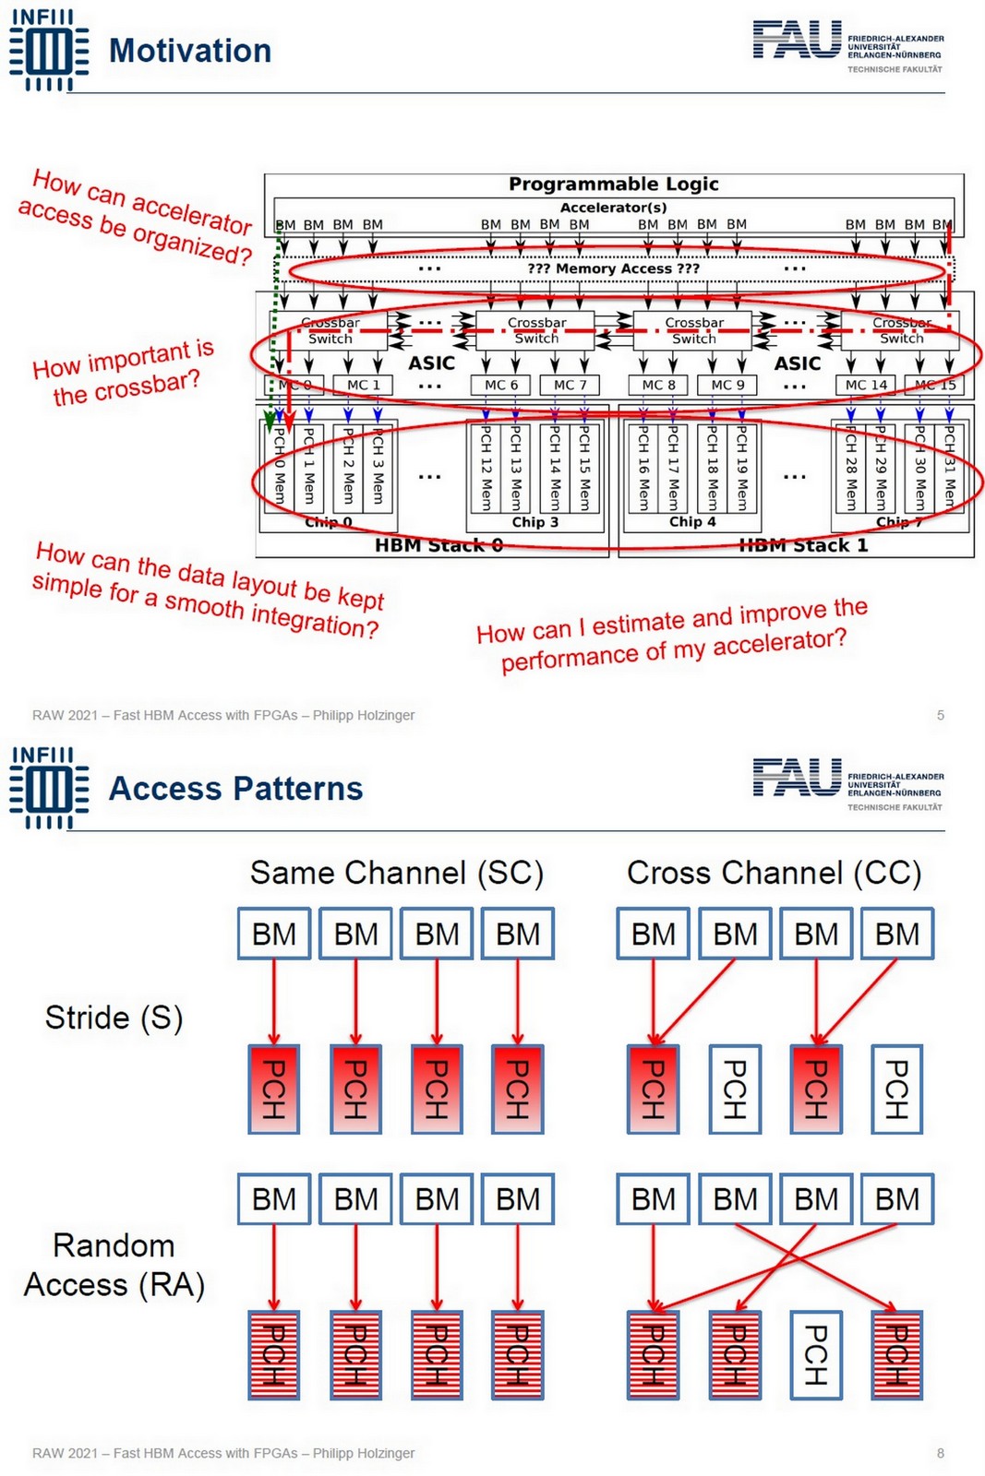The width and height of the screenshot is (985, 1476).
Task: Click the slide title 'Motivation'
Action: [189, 51]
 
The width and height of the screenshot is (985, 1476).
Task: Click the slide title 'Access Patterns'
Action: [235, 789]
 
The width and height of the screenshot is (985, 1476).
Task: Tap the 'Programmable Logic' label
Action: [613, 184]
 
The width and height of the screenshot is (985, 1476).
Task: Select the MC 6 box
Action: [501, 385]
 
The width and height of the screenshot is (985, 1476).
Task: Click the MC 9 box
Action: [727, 385]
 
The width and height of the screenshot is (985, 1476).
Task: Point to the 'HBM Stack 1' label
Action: [803, 545]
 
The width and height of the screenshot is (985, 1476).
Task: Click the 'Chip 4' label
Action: [692, 522]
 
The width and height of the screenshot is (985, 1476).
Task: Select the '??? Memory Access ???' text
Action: [613, 268]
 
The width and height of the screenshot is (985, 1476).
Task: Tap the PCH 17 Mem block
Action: [673, 468]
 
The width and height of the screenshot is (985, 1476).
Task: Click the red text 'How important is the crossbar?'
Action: [123, 373]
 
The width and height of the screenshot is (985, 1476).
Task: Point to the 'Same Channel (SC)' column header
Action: [397, 873]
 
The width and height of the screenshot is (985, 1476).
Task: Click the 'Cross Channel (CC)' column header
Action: [774, 873]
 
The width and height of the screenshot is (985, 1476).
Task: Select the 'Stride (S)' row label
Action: [114, 1018]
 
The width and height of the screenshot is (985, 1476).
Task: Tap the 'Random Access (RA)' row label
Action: [114, 1265]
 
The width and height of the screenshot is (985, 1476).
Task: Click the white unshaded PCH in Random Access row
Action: [815, 1354]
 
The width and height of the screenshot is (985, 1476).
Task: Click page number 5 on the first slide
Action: [940, 715]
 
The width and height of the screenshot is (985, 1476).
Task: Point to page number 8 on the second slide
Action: [940, 1453]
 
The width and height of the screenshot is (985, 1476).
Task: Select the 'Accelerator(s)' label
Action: [613, 208]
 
